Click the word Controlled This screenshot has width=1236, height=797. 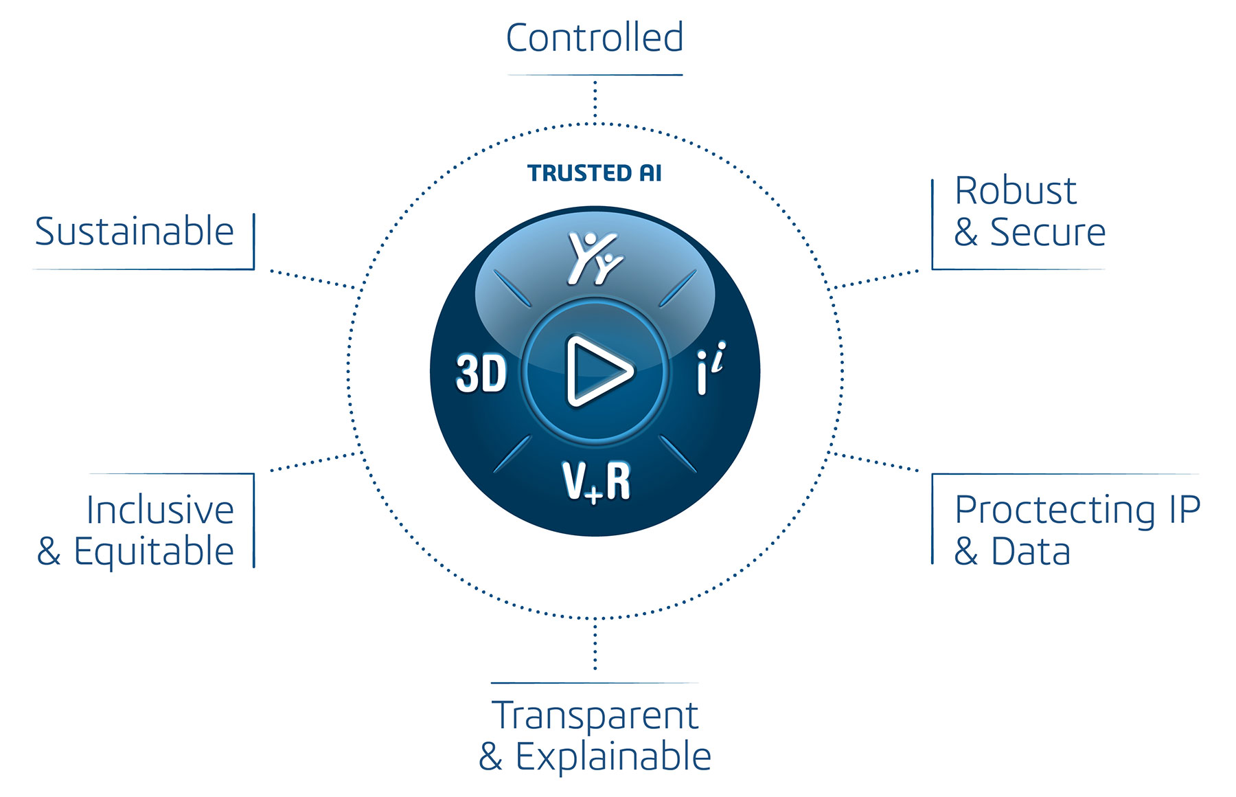[595, 38]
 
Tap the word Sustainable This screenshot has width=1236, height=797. [135, 232]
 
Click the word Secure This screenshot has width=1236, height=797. [1047, 232]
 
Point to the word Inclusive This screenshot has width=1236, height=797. [160, 510]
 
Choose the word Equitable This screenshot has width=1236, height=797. [154, 552]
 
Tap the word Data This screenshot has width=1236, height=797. [1031, 552]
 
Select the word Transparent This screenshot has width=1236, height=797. [595, 716]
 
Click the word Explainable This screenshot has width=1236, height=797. [613, 757]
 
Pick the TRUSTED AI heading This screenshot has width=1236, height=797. [595, 173]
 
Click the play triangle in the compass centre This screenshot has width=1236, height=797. [597, 371]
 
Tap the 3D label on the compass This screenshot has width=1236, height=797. [481, 374]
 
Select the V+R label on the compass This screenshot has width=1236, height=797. [596, 482]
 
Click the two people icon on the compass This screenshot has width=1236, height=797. [595, 258]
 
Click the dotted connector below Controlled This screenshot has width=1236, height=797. [595, 100]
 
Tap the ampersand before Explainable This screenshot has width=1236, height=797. [490, 757]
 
